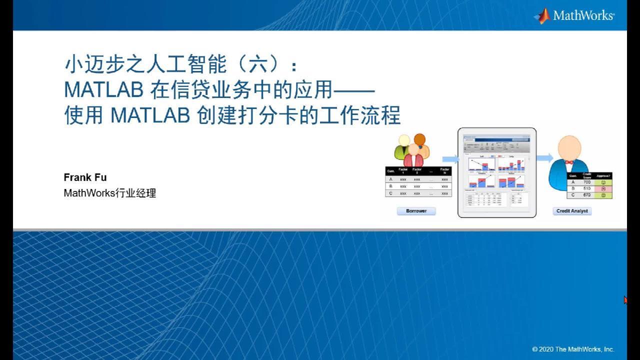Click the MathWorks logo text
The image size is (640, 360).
(583, 15)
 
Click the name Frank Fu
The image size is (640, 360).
(85, 177)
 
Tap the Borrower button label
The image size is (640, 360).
(416, 211)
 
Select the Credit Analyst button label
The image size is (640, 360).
(572, 211)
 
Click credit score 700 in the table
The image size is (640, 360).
(587, 182)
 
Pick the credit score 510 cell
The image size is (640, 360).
(587, 189)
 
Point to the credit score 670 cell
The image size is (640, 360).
(587, 195)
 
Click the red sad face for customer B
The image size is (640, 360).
(604, 189)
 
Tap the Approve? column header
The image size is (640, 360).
(603, 176)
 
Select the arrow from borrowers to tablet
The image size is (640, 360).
(450, 158)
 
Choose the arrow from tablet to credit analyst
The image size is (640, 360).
(544, 158)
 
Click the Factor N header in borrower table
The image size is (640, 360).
(444, 171)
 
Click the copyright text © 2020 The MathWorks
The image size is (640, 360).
(573, 349)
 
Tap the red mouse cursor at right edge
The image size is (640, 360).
(625, 300)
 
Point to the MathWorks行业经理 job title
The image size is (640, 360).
(110, 193)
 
